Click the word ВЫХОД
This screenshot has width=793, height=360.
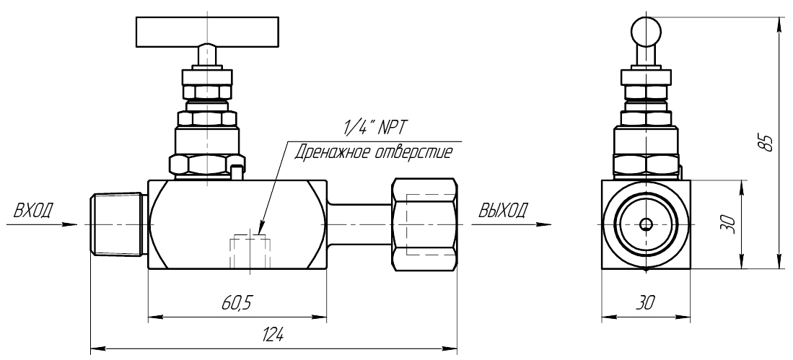(503, 209)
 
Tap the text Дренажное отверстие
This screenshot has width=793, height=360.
(374, 152)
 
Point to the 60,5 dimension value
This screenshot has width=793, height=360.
(237, 304)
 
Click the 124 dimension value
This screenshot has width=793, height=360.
(273, 335)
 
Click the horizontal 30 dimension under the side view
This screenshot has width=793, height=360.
(645, 303)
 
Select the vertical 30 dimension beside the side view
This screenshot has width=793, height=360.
(727, 224)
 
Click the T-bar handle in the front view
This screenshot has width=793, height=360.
(207, 32)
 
